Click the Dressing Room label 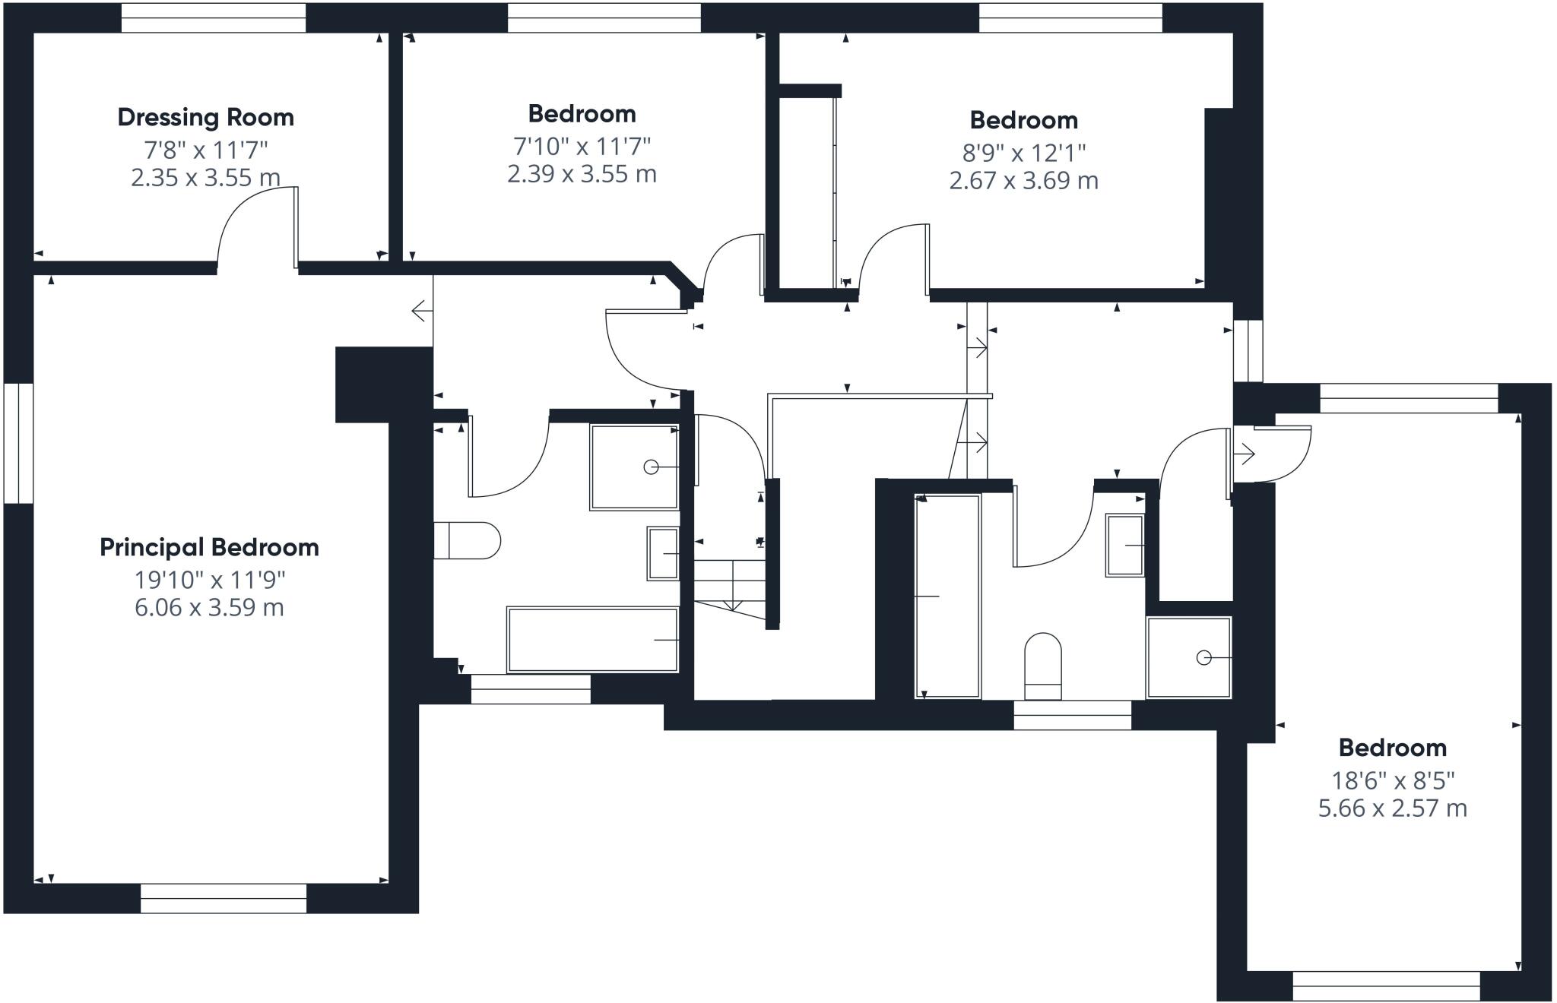205,117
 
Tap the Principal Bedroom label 209,547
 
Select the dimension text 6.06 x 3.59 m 209,608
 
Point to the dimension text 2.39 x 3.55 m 582,174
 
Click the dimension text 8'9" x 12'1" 1023,153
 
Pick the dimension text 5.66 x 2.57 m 1392,808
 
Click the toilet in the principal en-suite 467,540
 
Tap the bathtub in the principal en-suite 592,640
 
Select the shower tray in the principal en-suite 634,467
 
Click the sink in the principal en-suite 663,553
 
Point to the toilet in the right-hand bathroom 1043,666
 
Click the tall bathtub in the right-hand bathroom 947,596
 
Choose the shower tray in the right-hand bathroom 1189,658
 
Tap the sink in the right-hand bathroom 1125,546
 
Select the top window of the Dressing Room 214,18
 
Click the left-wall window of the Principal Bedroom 18,443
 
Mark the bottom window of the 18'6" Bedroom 1387,986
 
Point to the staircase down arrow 732,585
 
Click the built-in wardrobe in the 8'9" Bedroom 807,193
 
